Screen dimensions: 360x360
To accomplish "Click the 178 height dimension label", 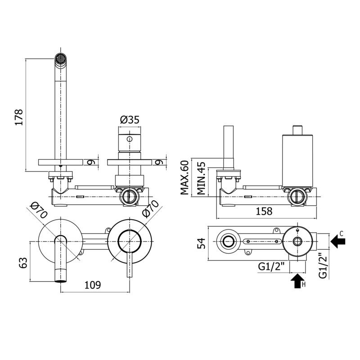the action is point(19,117).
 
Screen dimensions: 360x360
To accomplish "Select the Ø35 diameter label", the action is point(130,120).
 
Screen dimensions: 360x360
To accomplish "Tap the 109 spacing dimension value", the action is point(93,285).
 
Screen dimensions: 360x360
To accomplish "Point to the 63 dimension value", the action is point(23,263).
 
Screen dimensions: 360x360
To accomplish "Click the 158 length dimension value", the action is point(264,211).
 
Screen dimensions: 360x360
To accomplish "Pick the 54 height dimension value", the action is point(201,243).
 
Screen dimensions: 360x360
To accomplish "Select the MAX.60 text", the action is point(184,177).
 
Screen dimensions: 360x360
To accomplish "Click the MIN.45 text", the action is point(201,178).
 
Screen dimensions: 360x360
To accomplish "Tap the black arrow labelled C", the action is point(338,241).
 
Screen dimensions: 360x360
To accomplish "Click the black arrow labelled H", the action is point(297,281).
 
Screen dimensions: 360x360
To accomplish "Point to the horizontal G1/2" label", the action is point(271,266).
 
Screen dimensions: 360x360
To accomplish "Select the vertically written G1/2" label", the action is point(323,265).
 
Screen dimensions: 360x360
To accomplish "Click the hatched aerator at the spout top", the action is point(61,58).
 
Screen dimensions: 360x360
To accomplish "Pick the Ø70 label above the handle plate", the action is point(150,208).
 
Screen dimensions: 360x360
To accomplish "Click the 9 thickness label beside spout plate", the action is point(90,162).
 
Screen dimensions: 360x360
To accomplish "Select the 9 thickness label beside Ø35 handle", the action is point(158,162).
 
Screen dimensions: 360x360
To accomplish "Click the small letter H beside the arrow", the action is point(303,285).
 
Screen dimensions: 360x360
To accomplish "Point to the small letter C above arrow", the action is point(342,234).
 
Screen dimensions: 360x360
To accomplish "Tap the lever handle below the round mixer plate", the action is point(130,265).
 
